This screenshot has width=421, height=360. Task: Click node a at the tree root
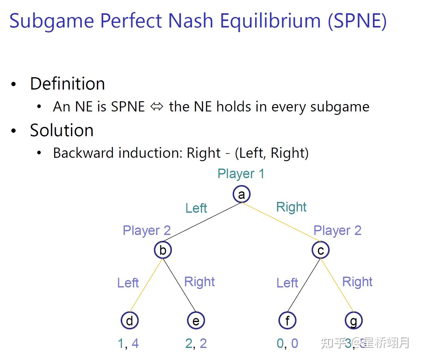tap(241, 194)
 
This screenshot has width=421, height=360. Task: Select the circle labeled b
tap(163, 250)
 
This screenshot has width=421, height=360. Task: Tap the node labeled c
tap(320, 250)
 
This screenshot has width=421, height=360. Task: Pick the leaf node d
tap(130, 320)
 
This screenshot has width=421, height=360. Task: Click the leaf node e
tap(196, 320)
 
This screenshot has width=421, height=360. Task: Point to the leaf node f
tap(287, 320)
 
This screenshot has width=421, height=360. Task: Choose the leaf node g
tap(353, 320)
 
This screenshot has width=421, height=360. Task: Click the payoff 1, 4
tap(128, 343)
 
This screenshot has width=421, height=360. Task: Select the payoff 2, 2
tap(196, 343)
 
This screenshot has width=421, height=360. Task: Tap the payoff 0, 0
tap(287, 343)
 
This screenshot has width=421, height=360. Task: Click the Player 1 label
tap(241, 174)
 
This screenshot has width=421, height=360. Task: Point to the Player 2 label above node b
tap(147, 231)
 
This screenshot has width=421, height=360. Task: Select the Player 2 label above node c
tap(337, 231)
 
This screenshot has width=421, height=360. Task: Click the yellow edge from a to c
tap(281, 222)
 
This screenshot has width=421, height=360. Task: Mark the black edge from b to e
tap(179, 285)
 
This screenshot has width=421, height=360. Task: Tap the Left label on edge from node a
tap(196, 208)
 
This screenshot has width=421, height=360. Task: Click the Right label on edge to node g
tap(357, 282)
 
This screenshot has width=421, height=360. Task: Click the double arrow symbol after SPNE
tap(156, 107)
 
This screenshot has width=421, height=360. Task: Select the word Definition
tap(67, 84)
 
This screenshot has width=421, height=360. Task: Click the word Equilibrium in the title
tap(270, 21)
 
